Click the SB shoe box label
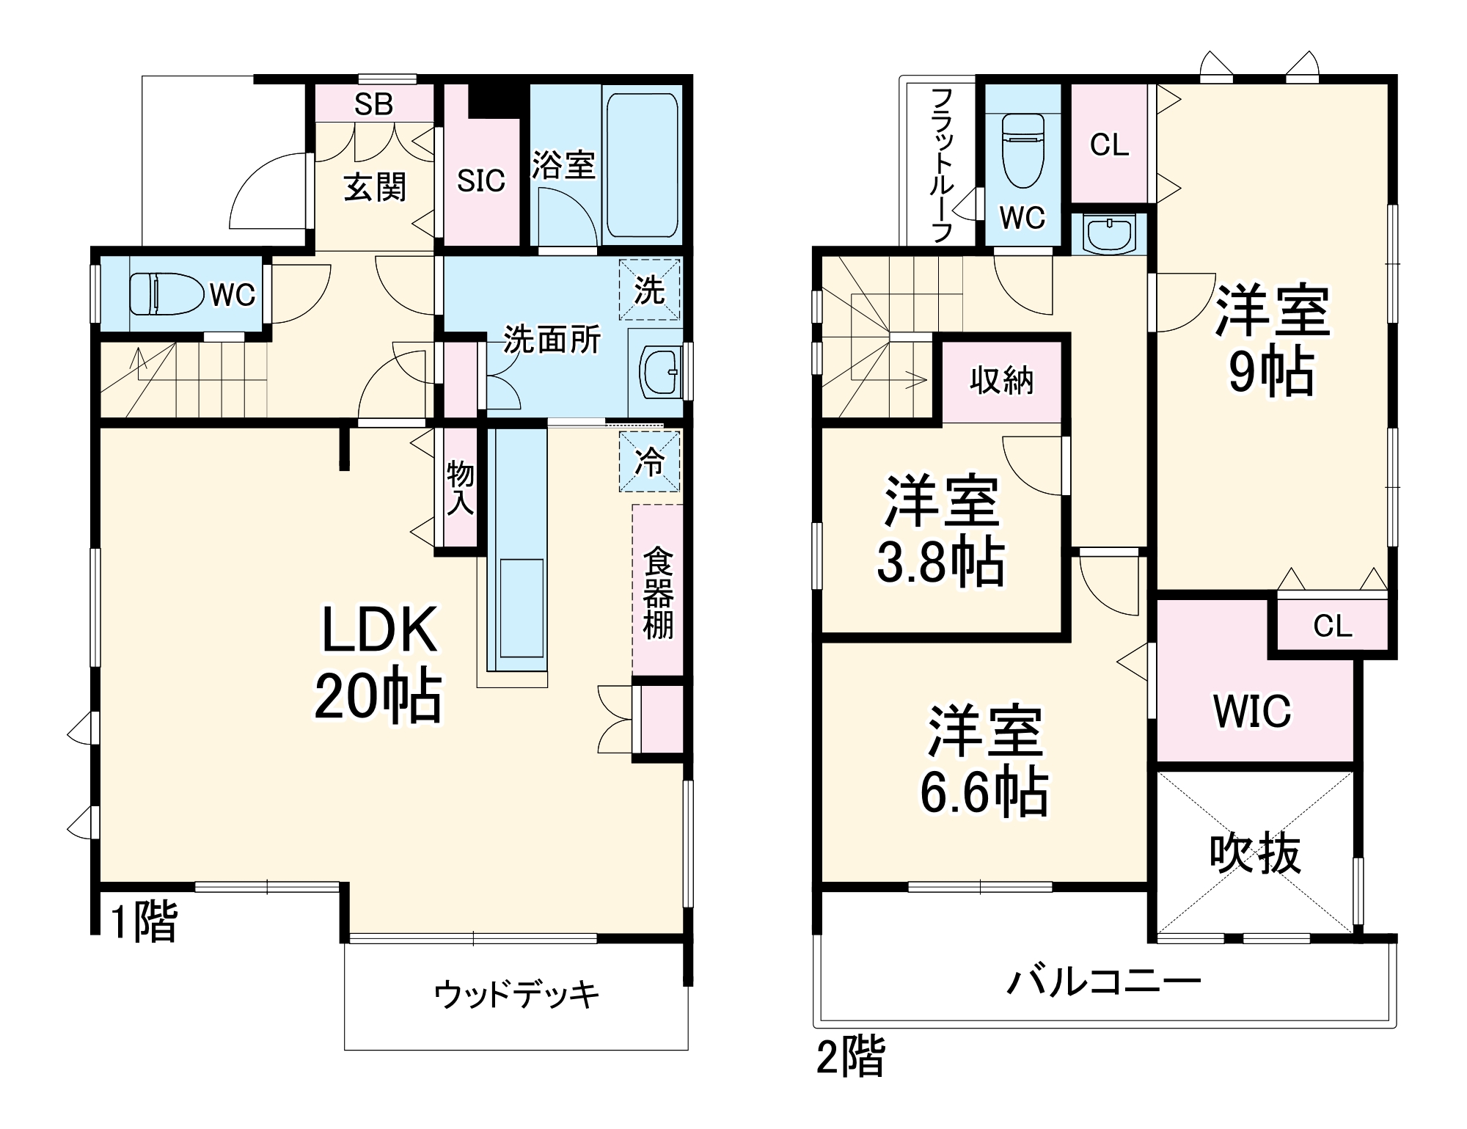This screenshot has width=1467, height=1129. (x=373, y=104)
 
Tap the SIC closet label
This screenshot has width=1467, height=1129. (x=481, y=180)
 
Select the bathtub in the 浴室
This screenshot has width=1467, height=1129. (x=642, y=165)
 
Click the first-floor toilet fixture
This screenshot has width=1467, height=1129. (x=167, y=294)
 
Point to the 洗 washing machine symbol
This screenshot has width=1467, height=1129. (x=649, y=291)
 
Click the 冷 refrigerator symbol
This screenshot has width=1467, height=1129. (x=649, y=462)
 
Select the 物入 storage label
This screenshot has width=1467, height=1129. (x=461, y=488)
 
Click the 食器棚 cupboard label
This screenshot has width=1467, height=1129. (x=658, y=593)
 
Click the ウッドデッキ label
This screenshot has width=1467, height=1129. (x=517, y=995)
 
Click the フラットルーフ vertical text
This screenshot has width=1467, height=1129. (x=941, y=165)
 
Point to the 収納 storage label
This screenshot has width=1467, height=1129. (x=1001, y=380)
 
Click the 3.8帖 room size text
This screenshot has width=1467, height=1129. (x=941, y=563)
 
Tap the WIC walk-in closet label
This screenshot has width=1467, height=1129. (x=1252, y=711)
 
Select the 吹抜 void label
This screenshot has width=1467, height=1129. (x=1255, y=854)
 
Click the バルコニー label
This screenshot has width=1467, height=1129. (x=1103, y=982)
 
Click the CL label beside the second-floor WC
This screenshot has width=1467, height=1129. (x=1109, y=145)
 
